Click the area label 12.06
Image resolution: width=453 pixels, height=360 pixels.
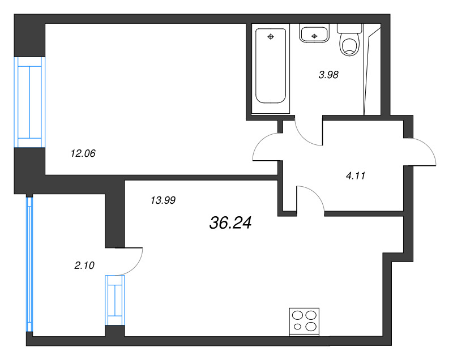(82, 153)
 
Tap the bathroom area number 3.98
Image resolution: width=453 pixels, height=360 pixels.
(328, 74)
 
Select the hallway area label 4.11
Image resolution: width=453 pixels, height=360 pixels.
(356, 175)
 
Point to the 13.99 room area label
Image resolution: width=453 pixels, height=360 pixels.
(163, 199)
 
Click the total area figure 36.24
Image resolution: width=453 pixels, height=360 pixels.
(230, 223)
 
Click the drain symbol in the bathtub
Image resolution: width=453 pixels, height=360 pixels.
(271, 37)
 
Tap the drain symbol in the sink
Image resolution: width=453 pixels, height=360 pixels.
(314, 37)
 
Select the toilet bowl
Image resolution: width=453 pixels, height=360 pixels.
(349, 45)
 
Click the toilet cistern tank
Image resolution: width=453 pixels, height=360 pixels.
(348, 27)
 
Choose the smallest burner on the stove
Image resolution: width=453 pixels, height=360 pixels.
(298, 327)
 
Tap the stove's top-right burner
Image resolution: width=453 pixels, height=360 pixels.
(310, 315)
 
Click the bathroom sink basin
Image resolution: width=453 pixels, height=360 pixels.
(314, 34)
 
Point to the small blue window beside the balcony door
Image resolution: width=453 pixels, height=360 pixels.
(115, 300)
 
